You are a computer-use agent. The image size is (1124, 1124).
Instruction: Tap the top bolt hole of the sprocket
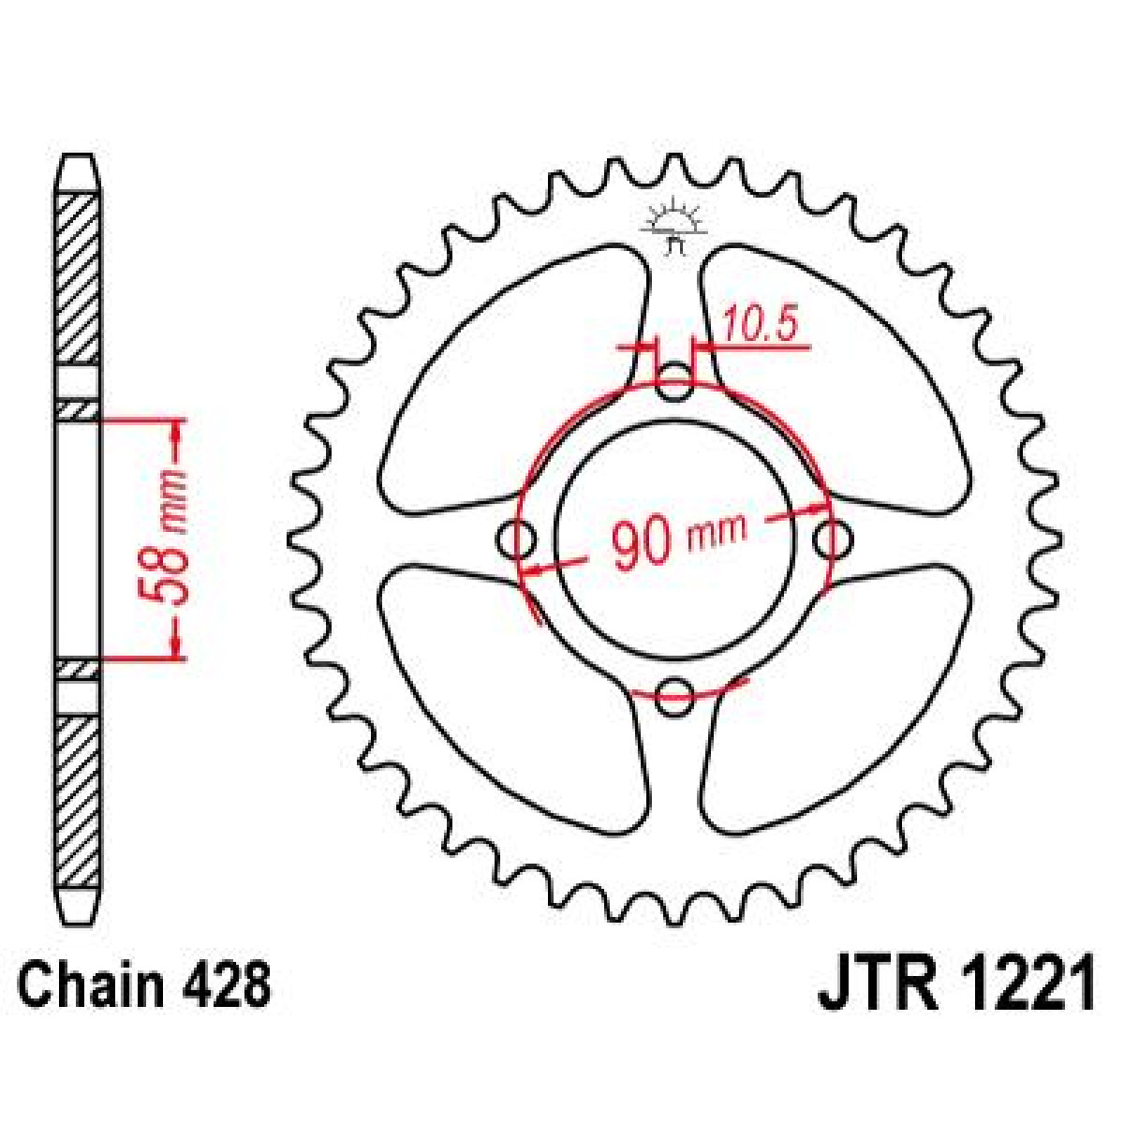[x=674, y=383]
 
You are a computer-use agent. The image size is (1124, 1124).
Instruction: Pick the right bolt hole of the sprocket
[x=832, y=540]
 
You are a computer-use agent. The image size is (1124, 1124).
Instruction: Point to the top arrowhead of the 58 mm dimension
[x=175, y=430]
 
